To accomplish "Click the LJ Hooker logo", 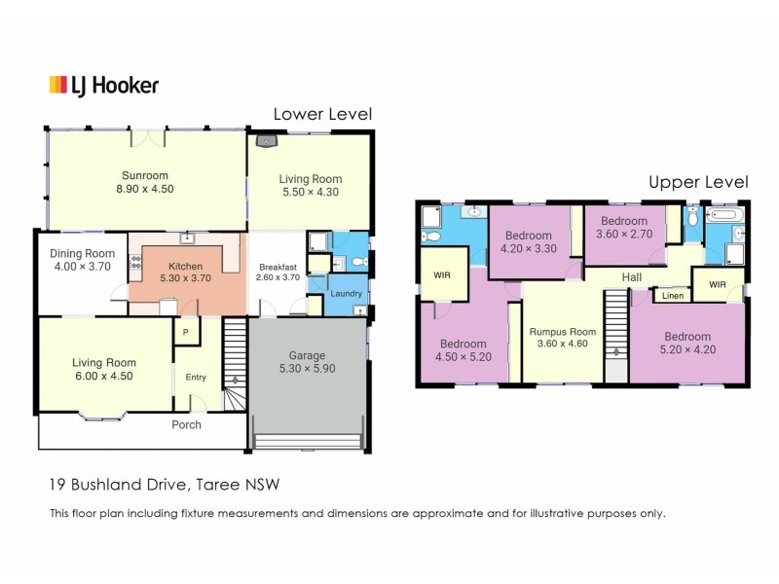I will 104,86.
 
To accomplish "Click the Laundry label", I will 347,293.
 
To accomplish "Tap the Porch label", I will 186,424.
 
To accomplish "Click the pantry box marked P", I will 184,332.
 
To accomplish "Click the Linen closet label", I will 673,296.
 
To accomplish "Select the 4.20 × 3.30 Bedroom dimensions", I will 529,249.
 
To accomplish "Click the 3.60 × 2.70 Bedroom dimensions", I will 624,235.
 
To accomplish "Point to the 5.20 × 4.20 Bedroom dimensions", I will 687,349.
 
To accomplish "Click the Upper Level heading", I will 699,181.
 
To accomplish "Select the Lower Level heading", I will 322,114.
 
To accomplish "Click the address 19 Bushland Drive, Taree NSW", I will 166,484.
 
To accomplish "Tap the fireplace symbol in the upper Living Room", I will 266,140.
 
